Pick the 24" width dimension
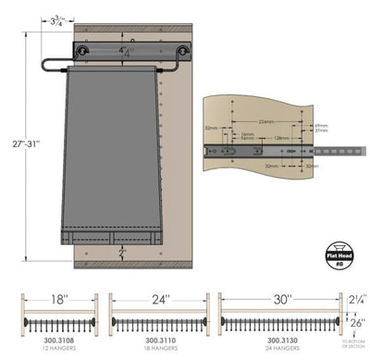[160, 300]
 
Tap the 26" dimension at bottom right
[356, 323]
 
